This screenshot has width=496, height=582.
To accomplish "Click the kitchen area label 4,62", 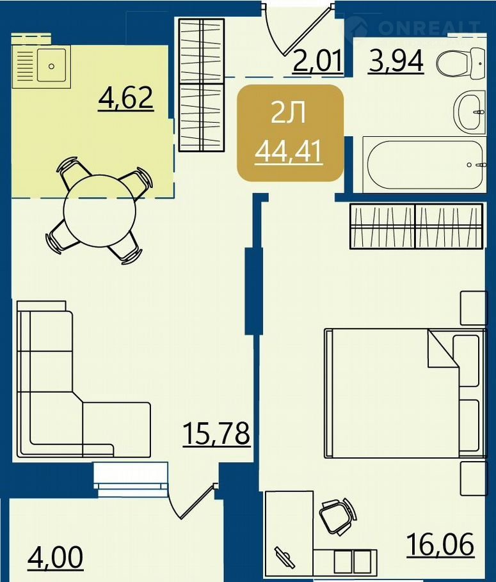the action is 126,98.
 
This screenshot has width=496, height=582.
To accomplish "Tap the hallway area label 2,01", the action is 317,61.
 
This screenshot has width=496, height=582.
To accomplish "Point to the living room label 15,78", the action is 216,434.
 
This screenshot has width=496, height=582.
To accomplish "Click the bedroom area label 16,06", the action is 440,544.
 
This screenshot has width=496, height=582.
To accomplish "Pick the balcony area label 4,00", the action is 55,557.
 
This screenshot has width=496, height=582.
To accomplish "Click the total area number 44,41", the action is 289,152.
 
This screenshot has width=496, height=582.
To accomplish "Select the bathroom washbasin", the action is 469,111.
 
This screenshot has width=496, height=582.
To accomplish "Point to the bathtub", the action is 425,164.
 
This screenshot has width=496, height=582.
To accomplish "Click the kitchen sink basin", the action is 51,66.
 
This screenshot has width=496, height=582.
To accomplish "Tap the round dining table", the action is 100,210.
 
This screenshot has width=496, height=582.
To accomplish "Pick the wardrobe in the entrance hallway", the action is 202,85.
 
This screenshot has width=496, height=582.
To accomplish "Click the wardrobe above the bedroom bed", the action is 417,226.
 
